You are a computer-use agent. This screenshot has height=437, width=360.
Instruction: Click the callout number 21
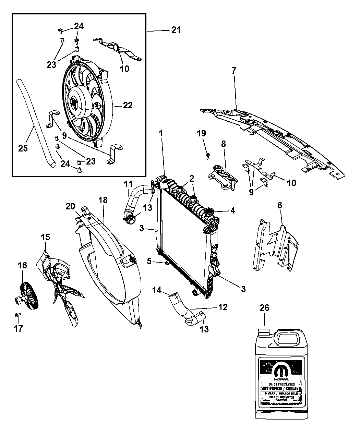[176, 30]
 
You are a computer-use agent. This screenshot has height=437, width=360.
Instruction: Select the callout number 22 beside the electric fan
[128, 105]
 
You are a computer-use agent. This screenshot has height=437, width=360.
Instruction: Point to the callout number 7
[233, 71]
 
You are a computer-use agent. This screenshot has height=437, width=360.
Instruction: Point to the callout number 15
[45, 237]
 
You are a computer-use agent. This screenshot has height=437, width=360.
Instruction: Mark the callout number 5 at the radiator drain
[149, 261]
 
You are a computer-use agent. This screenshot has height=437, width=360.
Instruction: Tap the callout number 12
[223, 307]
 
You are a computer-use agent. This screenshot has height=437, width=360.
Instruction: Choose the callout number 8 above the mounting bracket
[223, 144]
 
